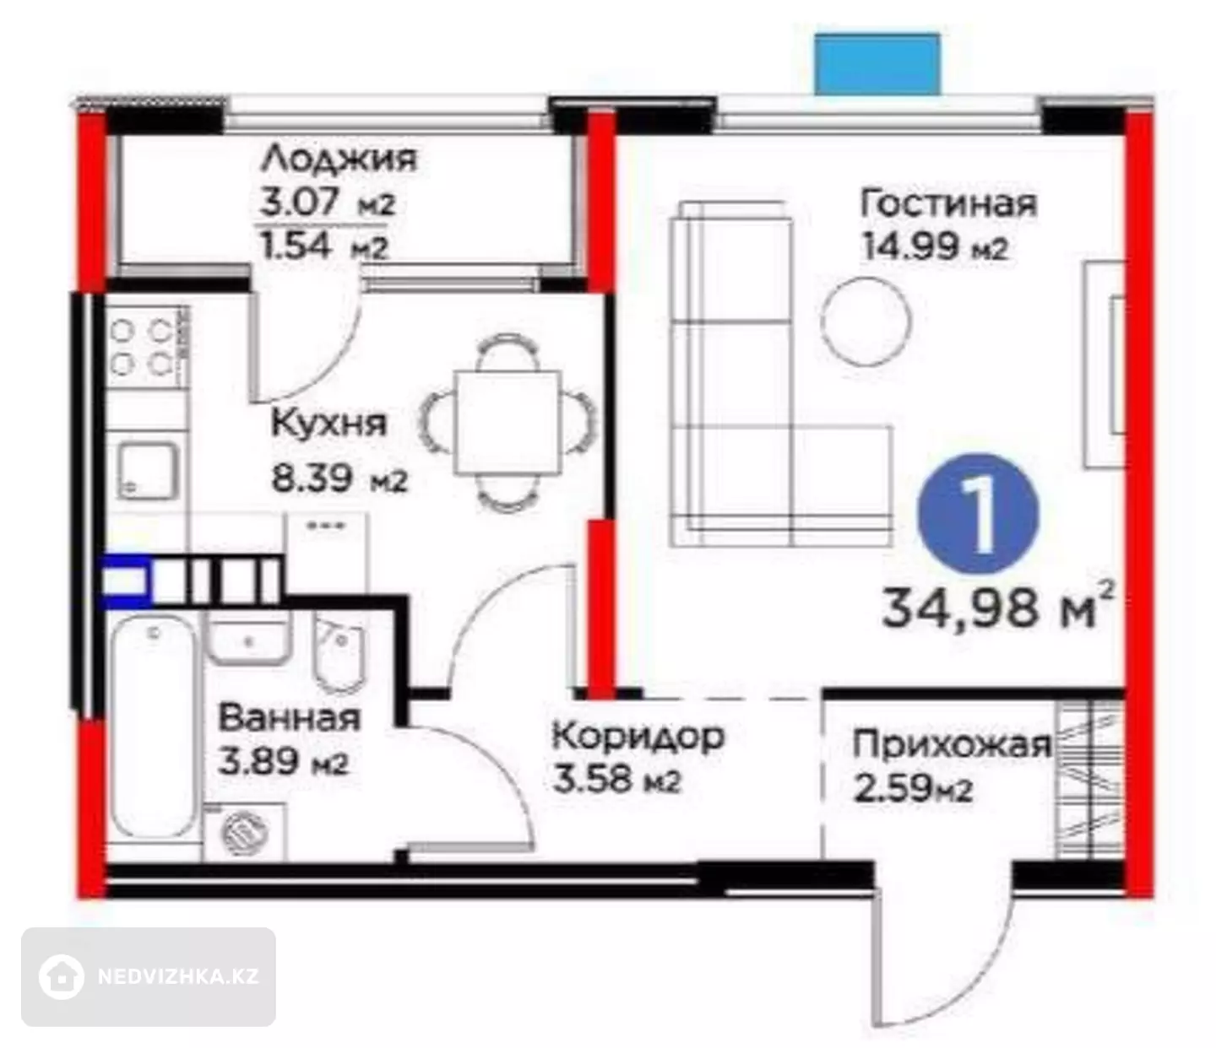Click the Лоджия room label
[x=339, y=159]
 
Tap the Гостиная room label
[x=948, y=203]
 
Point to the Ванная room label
[x=289, y=717]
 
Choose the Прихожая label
[x=952, y=745]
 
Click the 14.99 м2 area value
[x=936, y=247]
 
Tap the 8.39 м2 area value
[x=339, y=479]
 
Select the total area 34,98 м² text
[x=998, y=607]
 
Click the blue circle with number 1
[x=979, y=515]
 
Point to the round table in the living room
[x=866, y=321]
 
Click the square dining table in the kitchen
[x=508, y=422]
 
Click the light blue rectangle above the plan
[x=877, y=63]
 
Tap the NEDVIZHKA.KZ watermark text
[x=178, y=977]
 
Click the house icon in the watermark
[x=61, y=977]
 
